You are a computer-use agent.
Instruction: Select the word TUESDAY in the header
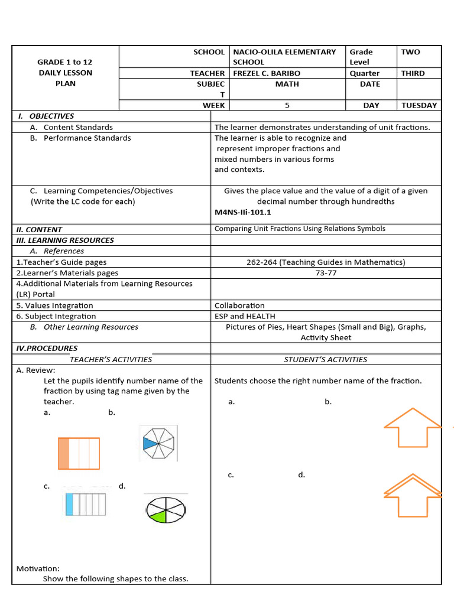[x=419, y=105]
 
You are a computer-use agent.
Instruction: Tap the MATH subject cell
[x=287, y=84]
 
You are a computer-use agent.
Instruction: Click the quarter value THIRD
[x=413, y=73]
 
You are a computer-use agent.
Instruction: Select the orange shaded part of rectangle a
[x=64, y=453]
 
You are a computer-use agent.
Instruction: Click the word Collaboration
[x=239, y=305]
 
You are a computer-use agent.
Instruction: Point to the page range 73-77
[x=326, y=273]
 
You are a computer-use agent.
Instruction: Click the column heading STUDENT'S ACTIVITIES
[x=325, y=359]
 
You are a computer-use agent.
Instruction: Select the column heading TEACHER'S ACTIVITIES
[x=111, y=359]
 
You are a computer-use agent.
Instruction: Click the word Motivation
[x=38, y=568]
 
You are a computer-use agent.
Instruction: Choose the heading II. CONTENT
[x=39, y=229]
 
